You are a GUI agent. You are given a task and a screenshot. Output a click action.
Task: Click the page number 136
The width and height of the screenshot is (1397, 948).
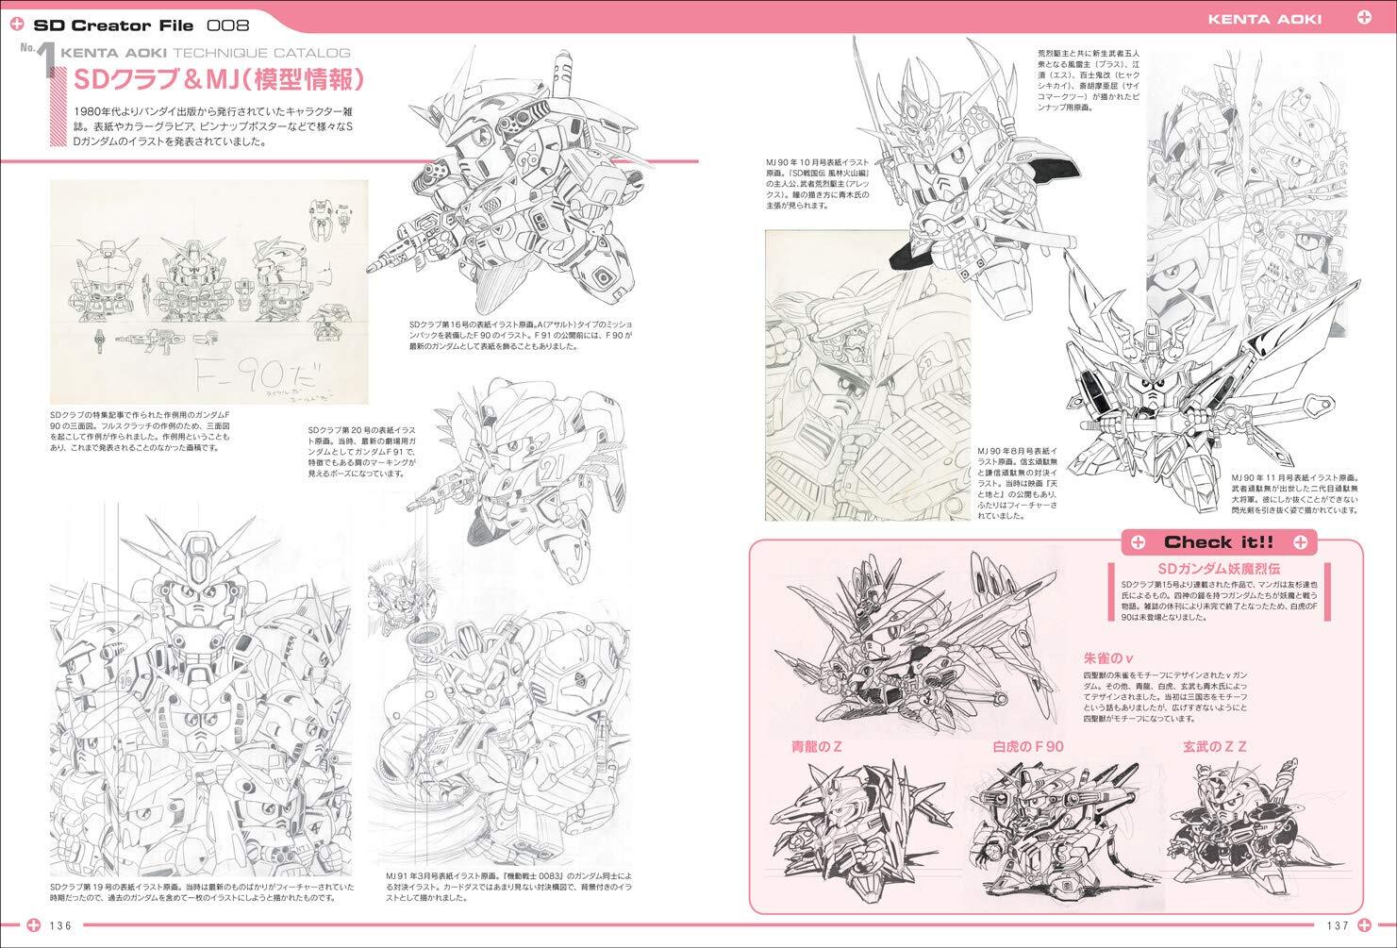pyautogui.click(x=61, y=925)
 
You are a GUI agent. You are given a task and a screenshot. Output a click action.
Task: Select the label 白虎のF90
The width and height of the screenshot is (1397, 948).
pyautogui.click(x=1028, y=746)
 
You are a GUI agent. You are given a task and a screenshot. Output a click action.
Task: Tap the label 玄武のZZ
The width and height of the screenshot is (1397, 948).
pyautogui.click(x=1216, y=746)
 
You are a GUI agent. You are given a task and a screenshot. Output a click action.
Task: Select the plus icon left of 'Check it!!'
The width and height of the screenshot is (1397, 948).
pyautogui.click(x=1138, y=541)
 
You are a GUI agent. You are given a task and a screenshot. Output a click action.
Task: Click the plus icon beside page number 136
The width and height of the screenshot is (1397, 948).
pyautogui.click(x=33, y=925)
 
